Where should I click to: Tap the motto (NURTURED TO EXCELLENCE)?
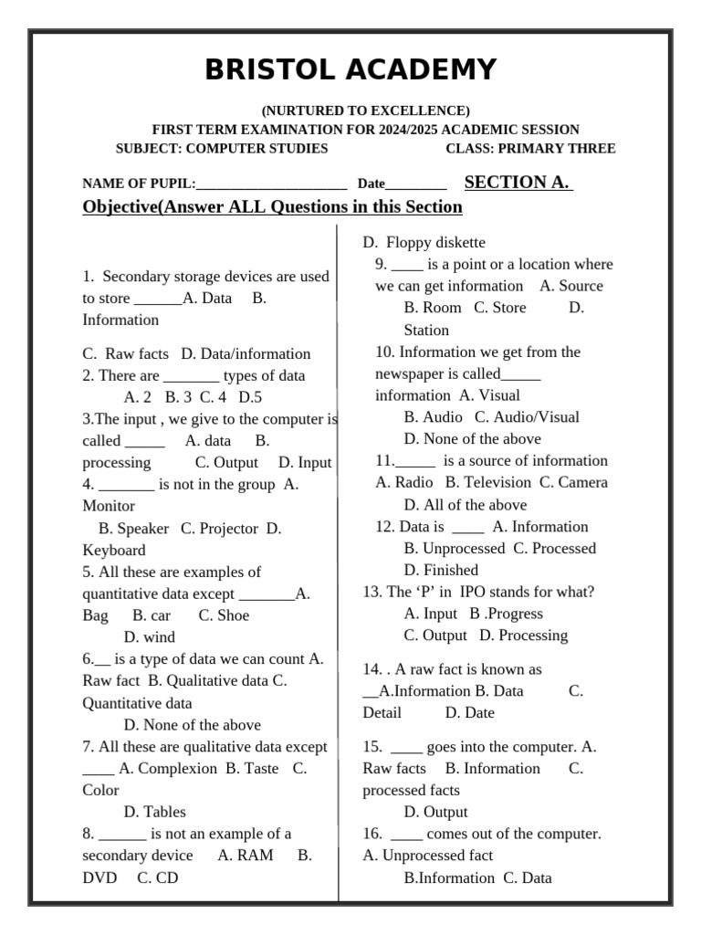pos(365,110)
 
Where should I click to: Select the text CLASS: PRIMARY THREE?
pos(529,149)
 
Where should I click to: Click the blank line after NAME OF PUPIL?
pos(271,184)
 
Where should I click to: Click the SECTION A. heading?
pos(518,183)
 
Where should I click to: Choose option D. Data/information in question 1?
pos(246,354)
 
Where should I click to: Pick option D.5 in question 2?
pos(250,397)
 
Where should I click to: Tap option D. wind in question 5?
pos(150,637)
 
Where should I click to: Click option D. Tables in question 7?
pos(154,812)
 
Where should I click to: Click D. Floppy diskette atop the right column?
pos(424,243)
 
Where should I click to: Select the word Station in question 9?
pos(426,331)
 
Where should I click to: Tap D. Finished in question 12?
pos(441,571)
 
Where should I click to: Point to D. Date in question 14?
pos(469,713)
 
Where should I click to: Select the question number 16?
pos(372,834)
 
